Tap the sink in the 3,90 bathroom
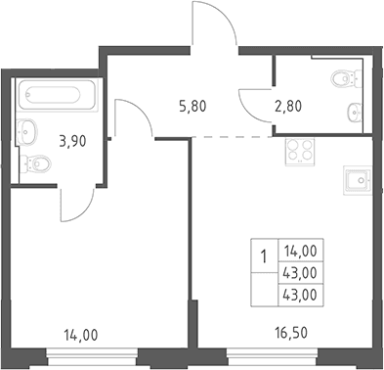26,132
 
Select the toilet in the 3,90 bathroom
36,162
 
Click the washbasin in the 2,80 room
355,113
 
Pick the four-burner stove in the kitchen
300,152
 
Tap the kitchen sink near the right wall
358,180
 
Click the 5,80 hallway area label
192,106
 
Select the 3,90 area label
72,141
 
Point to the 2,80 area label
288,106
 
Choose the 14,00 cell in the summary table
301,251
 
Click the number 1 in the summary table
264,256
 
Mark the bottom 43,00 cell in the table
301,296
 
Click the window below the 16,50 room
273,356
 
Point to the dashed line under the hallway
233,137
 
